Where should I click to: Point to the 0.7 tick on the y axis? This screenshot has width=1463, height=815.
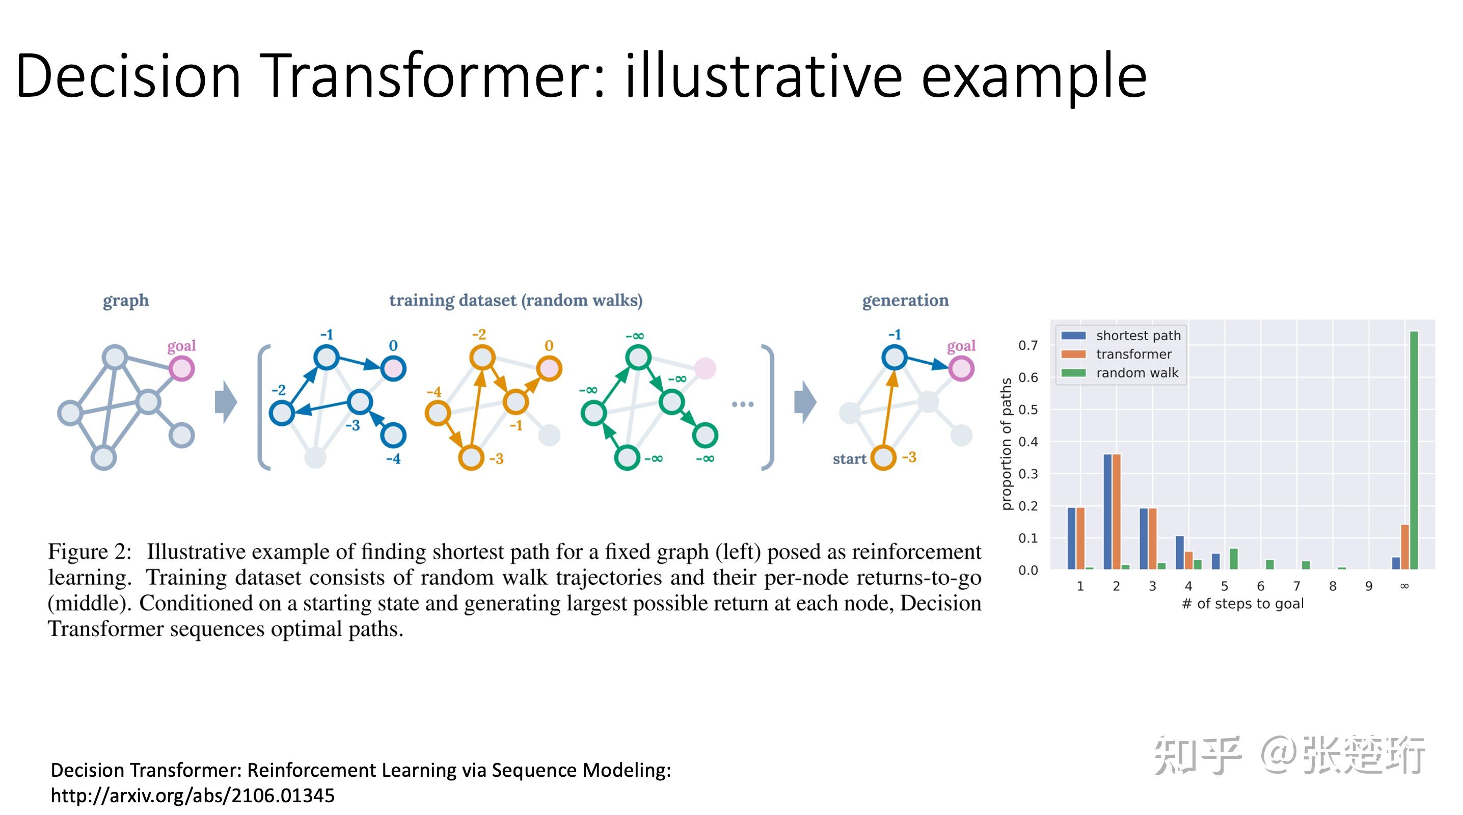click(x=1027, y=345)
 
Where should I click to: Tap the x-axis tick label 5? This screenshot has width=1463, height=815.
click(x=1225, y=586)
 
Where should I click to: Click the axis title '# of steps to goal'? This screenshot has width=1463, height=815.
click(x=1242, y=604)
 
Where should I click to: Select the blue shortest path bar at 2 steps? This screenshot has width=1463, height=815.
click(x=1107, y=511)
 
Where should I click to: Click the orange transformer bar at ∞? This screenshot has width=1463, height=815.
click(x=1404, y=547)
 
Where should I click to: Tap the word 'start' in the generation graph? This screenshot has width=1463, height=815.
click(x=849, y=459)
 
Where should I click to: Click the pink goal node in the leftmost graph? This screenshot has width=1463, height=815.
click(x=182, y=369)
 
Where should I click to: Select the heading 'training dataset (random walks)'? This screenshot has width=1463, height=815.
click(x=516, y=301)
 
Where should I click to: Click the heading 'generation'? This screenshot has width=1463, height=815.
click(x=905, y=301)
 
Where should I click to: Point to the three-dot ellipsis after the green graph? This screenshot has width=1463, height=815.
click(x=742, y=404)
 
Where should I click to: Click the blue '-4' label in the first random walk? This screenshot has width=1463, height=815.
click(x=393, y=459)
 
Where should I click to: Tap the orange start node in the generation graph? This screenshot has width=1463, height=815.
click(x=883, y=458)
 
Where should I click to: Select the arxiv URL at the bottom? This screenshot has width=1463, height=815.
click(x=193, y=796)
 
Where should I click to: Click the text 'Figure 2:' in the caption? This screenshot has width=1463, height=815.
click(x=90, y=552)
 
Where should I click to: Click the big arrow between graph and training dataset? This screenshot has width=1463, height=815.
click(x=226, y=402)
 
